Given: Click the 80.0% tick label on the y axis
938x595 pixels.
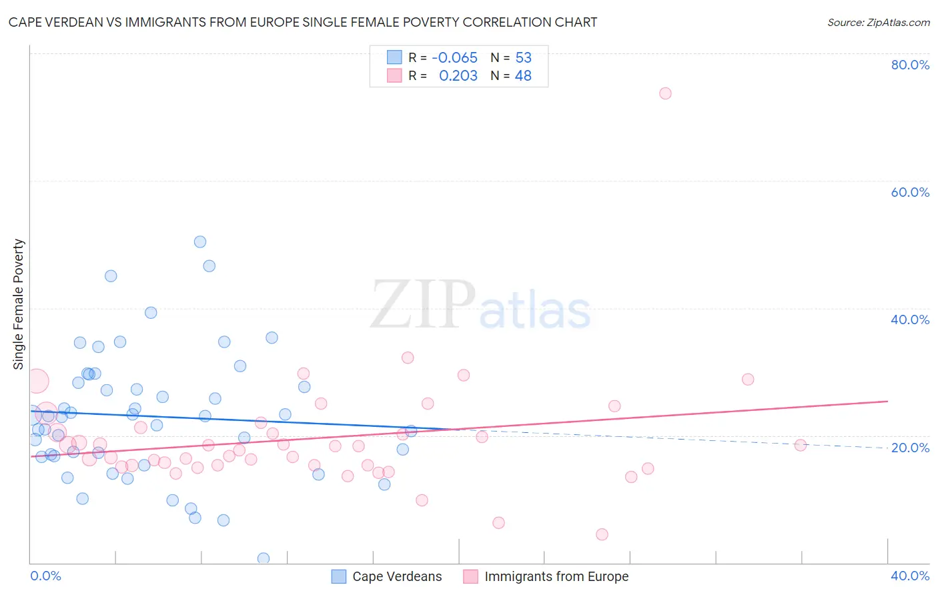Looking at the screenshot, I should pyautogui.click(x=910, y=65).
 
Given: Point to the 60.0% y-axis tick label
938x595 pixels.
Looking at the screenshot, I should pyautogui.click(x=910, y=192).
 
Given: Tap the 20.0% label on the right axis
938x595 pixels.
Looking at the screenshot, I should pyautogui.click(x=910, y=448).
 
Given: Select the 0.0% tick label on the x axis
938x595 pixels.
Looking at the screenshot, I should pyautogui.click(x=45, y=576).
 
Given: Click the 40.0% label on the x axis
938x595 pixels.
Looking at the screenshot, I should pyautogui.click(x=910, y=576).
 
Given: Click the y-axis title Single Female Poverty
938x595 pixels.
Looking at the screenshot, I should pyautogui.click(x=19, y=304).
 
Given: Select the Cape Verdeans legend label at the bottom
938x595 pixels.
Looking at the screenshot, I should pyautogui.click(x=397, y=576).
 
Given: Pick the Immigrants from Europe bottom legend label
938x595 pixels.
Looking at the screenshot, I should pyautogui.click(x=556, y=576).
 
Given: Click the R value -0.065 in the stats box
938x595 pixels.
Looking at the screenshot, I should pyautogui.click(x=454, y=58).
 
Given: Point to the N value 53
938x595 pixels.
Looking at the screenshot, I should pyautogui.click(x=523, y=58).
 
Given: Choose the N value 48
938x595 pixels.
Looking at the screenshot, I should pyautogui.click(x=523, y=76).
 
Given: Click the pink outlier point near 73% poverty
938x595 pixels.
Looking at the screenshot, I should pyautogui.click(x=665, y=93).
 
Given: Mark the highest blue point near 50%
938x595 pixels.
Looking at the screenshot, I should pyautogui.click(x=200, y=242).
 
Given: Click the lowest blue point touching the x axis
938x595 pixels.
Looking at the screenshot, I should pyautogui.click(x=264, y=558).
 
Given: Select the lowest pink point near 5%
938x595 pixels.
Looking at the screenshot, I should pyautogui.click(x=602, y=534).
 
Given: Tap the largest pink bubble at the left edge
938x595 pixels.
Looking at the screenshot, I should pyautogui.click(x=37, y=381).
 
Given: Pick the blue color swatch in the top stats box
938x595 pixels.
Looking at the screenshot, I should pyautogui.click(x=394, y=57).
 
